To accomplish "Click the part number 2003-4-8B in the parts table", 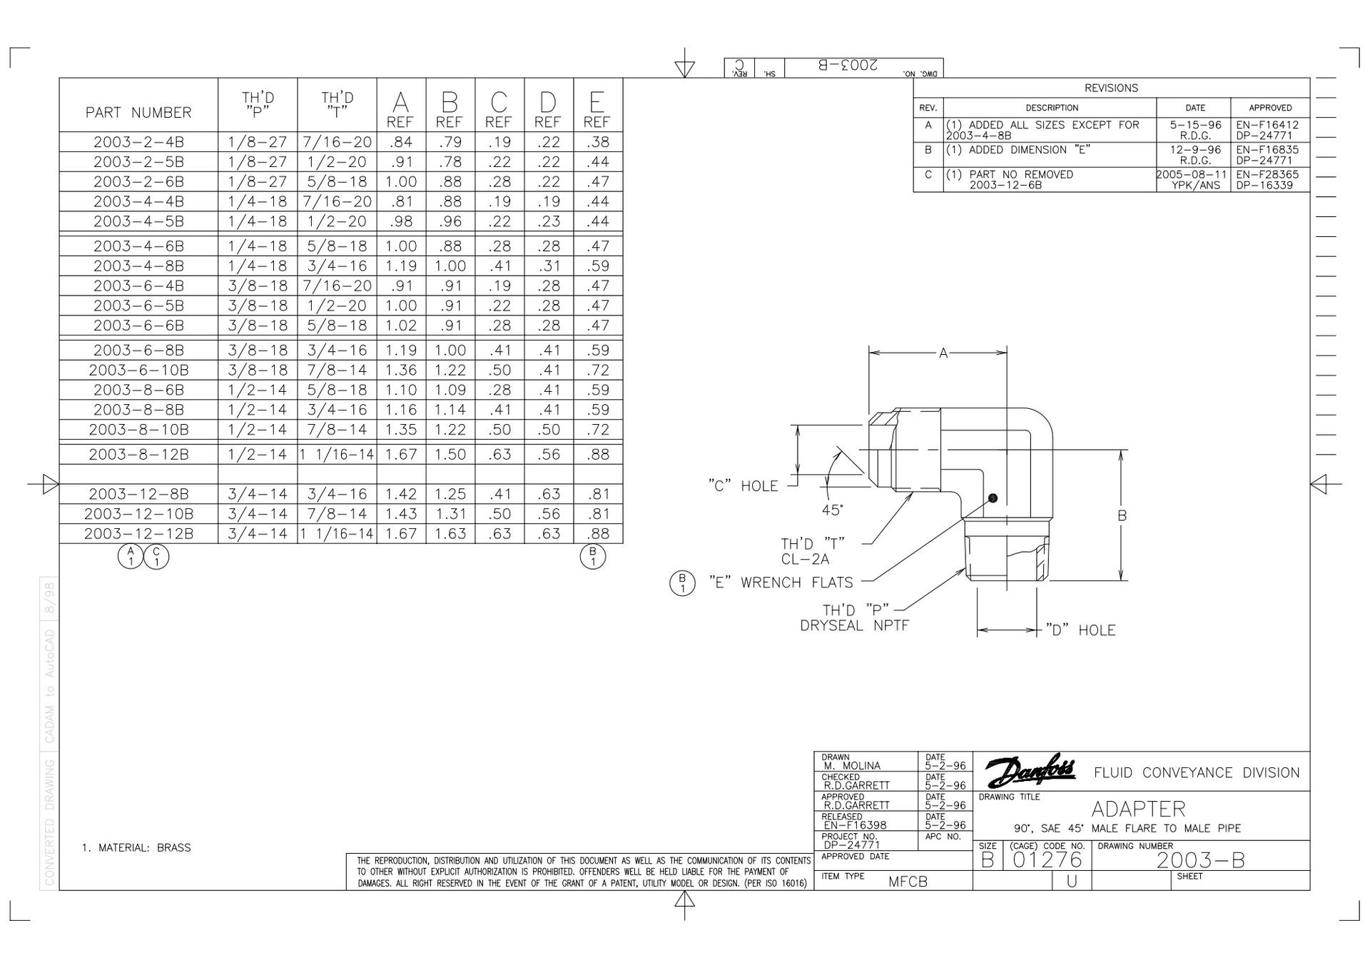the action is click(x=138, y=266).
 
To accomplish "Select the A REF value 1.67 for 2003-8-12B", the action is click(x=401, y=455).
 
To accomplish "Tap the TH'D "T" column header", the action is click(x=337, y=104).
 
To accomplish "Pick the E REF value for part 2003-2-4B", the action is click(x=598, y=142).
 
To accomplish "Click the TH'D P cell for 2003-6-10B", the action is click(x=258, y=370).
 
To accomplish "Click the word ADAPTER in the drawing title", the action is click(x=1138, y=809).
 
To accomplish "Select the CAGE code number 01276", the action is click(x=1047, y=859).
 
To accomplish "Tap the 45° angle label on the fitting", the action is click(x=833, y=510).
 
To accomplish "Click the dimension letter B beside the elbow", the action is click(x=1122, y=515).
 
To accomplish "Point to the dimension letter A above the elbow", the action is click(x=943, y=353).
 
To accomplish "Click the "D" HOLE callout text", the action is click(x=1080, y=630).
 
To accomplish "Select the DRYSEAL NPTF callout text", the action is click(x=854, y=626).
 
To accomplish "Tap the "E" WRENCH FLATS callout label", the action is click(x=781, y=583).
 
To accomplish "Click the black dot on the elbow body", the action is click(x=993, y=498).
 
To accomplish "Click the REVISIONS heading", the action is click(x=1111, y=88).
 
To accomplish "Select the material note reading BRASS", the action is click(x=173, y=848).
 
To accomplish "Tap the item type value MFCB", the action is click(x=908, y=882).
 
